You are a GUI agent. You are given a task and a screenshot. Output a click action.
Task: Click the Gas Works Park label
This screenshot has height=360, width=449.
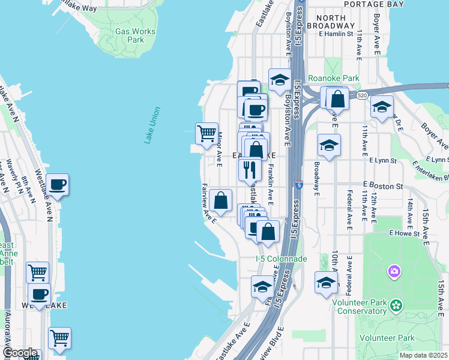135,35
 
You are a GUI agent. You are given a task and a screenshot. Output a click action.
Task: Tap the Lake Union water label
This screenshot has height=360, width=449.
152,125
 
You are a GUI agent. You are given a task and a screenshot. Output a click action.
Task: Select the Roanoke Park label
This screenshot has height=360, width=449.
333,77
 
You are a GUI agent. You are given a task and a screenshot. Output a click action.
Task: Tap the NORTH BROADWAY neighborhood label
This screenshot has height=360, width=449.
330,22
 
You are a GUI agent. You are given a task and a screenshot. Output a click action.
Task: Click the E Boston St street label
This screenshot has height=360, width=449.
382,186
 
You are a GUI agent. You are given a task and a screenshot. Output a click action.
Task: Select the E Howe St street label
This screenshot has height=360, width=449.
403,232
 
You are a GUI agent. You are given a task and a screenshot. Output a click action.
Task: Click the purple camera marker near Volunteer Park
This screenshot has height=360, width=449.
394,272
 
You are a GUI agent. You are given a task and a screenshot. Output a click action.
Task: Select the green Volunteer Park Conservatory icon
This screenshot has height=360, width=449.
396,306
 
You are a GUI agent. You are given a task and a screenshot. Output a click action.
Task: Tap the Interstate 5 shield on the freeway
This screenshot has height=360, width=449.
299,184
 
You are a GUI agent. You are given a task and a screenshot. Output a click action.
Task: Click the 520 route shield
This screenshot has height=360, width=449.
361,95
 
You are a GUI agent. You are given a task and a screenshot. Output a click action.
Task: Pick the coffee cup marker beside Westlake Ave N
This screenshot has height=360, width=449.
58,185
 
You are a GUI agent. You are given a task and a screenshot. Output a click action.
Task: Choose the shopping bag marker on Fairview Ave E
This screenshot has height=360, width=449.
221,201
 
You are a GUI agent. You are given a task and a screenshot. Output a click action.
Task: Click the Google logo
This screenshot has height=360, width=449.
20,353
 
